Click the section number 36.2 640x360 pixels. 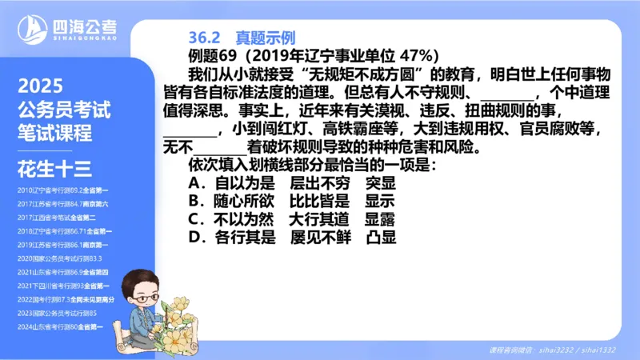tap(204, 38)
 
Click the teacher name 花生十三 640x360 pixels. tap(54, 168)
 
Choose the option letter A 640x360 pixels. tap(194, 183)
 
